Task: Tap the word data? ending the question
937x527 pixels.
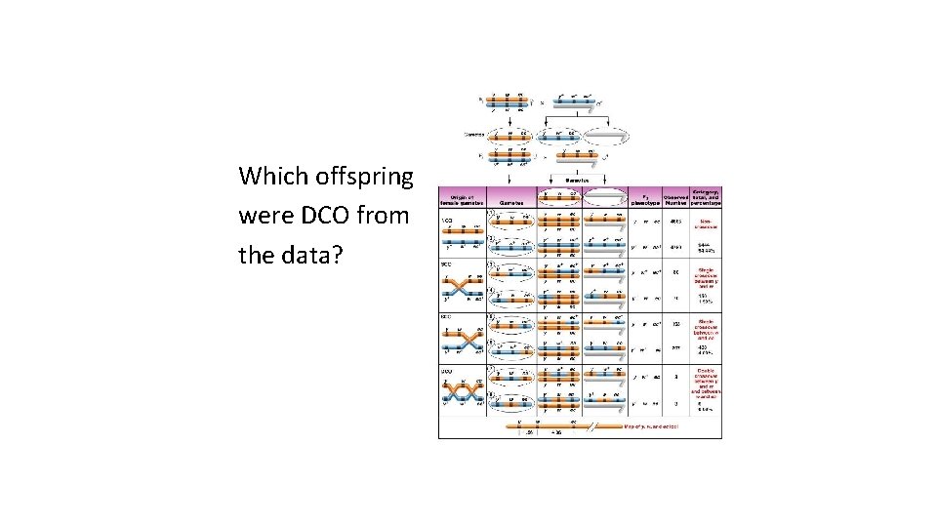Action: coord(307,255)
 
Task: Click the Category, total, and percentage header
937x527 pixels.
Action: coord(708,196)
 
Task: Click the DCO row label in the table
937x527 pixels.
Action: coord(444,370)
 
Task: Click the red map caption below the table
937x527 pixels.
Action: coord(651,426)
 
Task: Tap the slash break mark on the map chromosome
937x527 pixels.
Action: coord(589,426)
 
